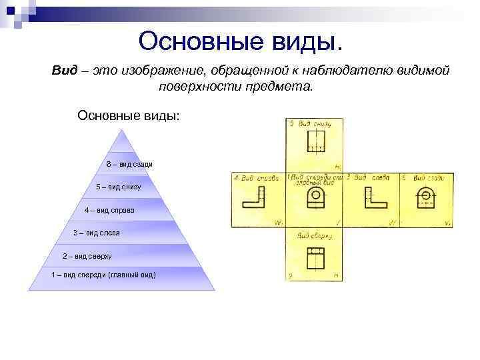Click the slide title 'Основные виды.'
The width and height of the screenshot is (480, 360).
click(243, 41)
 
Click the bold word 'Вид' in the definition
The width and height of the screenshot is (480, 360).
click(65, 71)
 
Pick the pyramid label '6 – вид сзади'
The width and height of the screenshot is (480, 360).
click(129, 164)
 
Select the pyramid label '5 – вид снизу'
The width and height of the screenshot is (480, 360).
click(119, 187)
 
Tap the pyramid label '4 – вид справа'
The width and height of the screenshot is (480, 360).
click(109, 210)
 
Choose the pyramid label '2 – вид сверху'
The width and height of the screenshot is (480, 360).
click(87, 255)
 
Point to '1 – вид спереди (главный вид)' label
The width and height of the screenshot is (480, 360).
click(103, 275)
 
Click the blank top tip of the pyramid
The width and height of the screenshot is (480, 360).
click(121, 140)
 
